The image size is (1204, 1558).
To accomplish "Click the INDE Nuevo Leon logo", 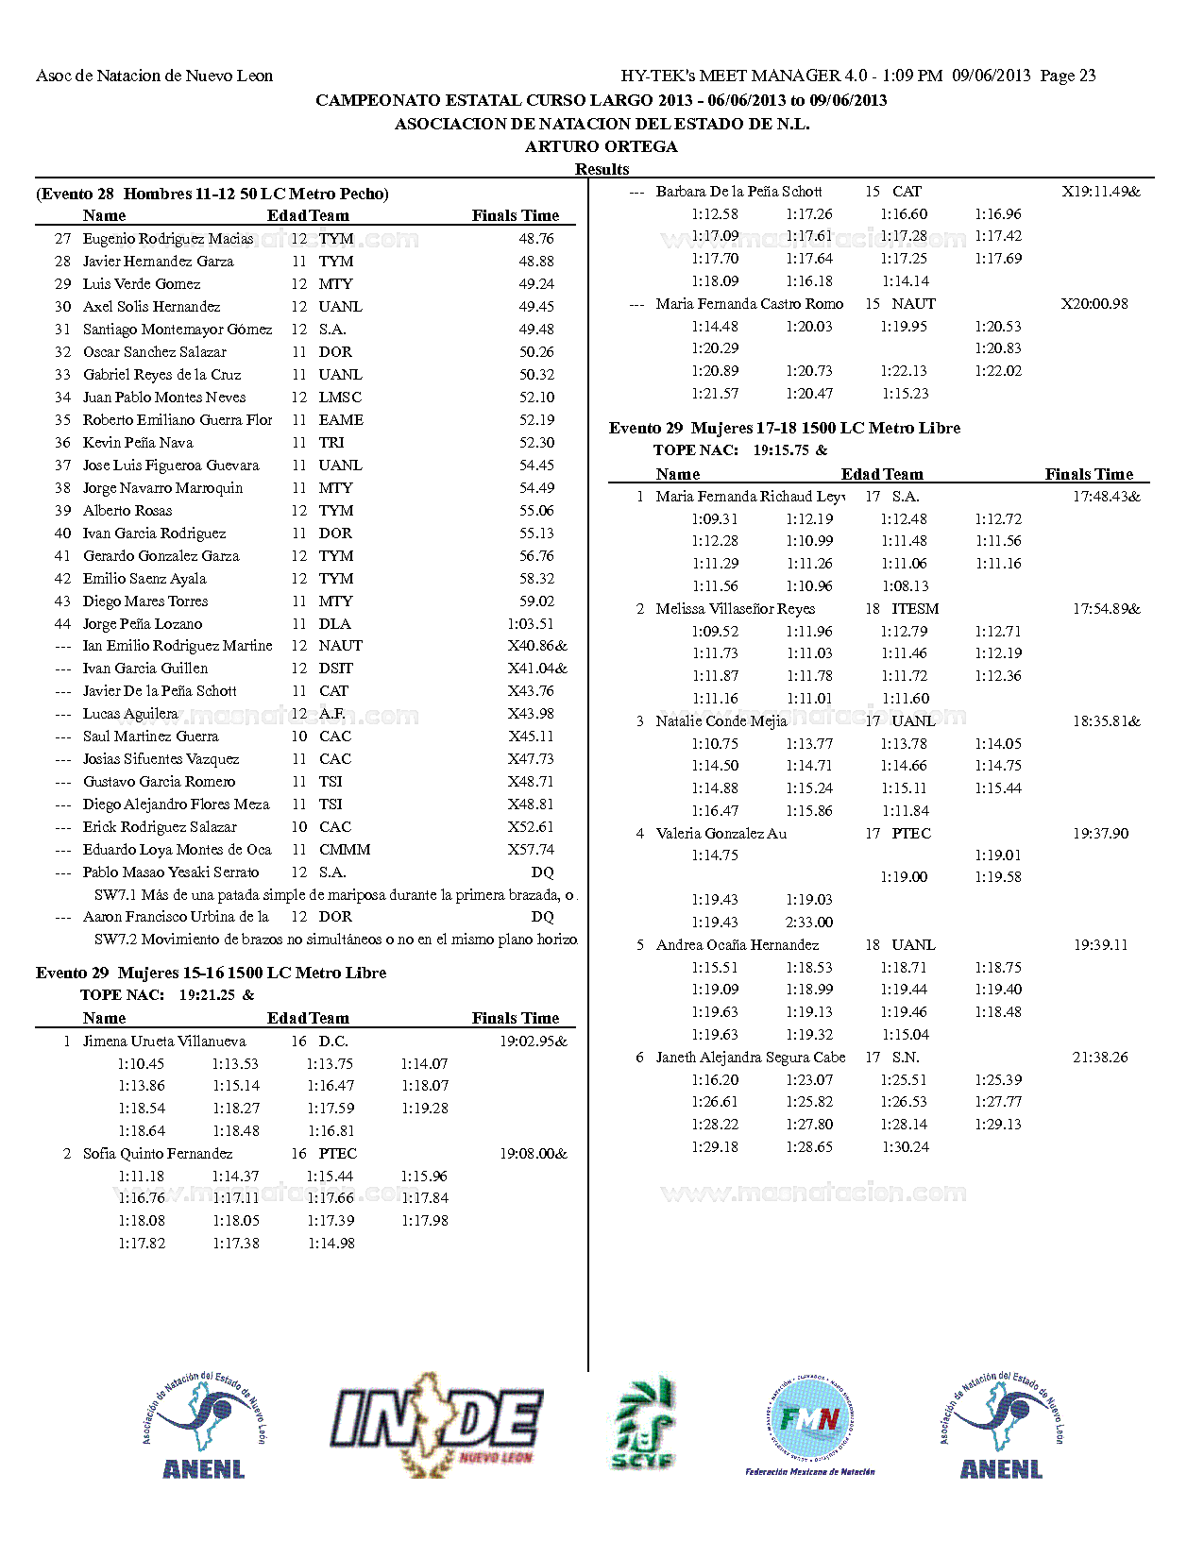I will [435, 1424].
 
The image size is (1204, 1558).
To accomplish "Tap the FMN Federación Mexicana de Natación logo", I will [810, 1424].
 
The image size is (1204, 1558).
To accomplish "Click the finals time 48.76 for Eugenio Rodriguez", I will [535, 239].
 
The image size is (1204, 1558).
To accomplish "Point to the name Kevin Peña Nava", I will [138, 443].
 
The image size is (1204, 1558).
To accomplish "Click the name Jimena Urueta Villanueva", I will [164, 1041].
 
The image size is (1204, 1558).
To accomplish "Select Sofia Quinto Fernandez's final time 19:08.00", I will [533, 1154].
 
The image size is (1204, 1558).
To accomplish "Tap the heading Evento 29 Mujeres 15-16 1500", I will [211, 973].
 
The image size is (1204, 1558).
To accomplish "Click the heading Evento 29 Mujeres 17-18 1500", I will [784, 428].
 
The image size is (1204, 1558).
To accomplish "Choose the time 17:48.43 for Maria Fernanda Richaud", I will [1105, 497].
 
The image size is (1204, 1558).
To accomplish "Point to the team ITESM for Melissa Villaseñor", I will [915, 609].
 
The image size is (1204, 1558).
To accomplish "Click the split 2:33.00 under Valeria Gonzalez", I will [809, 923].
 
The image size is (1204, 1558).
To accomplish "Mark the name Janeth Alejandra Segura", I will [751, 1058].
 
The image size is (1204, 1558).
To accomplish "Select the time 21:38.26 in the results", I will [1100, 1058].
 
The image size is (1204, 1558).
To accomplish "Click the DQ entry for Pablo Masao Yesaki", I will [542, 872].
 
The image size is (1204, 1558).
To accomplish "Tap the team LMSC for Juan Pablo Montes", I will [340, 398].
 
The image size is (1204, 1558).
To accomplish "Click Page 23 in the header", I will [1068, 76].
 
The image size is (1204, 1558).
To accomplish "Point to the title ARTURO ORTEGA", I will [602, 146].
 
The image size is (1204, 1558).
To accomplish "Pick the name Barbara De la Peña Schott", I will [738, 192].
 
